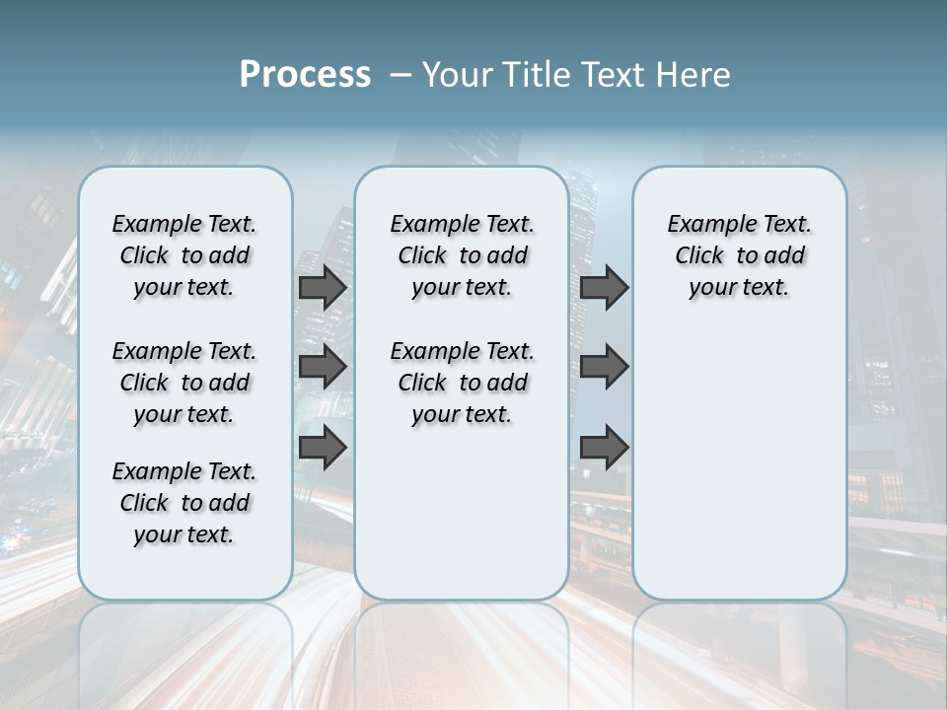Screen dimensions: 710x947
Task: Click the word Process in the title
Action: (x=305, y=75)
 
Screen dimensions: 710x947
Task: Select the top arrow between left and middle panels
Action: (x=323, y=288)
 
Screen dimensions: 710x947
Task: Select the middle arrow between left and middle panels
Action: (x=323, y=368)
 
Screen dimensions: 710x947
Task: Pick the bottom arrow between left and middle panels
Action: (x=323, y=447)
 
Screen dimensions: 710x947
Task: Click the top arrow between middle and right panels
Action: (x=604, y=288)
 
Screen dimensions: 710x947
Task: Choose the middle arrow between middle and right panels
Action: (x=604, y=368)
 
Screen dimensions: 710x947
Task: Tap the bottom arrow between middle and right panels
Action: (x=604, y=447)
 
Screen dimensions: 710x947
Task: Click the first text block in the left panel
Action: (x=184, y=255)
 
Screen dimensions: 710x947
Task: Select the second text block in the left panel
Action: (x=184, y=383)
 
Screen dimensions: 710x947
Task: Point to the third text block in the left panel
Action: (x=184, y=503)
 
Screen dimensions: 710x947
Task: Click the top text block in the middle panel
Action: (x=462, y=255)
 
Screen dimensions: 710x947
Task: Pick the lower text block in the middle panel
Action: (x=462, y=383)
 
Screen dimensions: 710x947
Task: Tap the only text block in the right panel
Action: (x=739, y=255)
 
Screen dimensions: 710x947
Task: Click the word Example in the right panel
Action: (x=705, y=225)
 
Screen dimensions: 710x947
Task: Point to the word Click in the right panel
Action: (x=699, y=256)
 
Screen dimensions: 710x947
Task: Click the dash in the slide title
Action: (x=401, y=75)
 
